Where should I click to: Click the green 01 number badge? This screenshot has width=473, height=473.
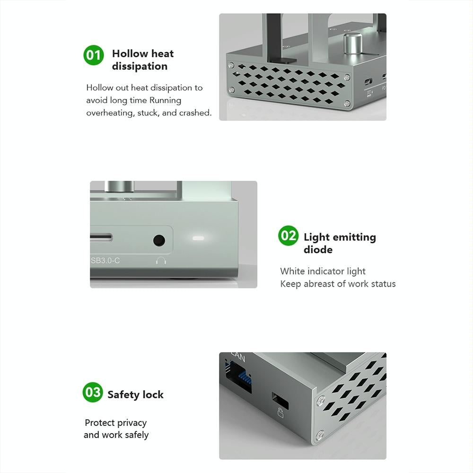pos(94,55)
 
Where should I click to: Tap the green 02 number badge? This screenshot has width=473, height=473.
pos(289,236)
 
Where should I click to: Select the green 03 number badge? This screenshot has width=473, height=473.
pos(93,392)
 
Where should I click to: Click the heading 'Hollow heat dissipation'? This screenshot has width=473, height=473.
pos(142,60)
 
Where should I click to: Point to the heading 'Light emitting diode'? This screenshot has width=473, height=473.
pos(339,243)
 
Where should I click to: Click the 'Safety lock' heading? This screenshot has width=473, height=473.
pos(135,394)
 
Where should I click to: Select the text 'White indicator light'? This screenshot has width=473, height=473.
pos(323,271)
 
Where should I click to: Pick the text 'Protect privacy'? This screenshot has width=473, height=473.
pos(116,422)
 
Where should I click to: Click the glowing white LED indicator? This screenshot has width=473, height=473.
pos(198,237)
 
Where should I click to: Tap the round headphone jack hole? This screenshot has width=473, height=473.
pos(159,240)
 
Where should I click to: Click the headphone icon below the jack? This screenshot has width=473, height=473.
pos(161,260)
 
